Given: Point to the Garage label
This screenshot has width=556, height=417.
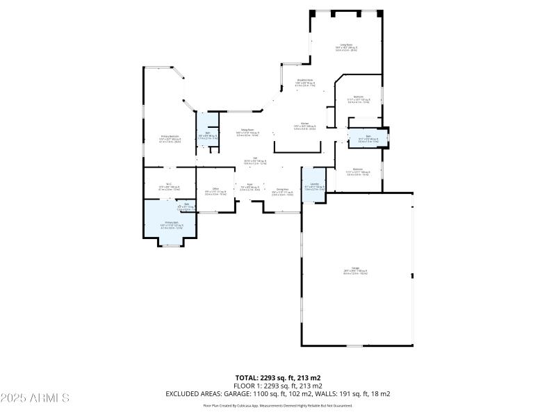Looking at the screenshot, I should click(x=355, y=270).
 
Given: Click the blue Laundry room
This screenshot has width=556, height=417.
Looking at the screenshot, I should click(x=314, y=186).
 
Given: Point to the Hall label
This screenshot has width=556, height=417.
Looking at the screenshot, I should click(x=255, y=161).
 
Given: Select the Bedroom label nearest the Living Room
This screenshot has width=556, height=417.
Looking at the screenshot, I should click(x=359, y=99).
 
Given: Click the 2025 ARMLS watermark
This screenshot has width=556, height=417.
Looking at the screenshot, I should click(x=35, y=398).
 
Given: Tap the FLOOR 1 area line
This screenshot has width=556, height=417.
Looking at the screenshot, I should click(x=277, y=386).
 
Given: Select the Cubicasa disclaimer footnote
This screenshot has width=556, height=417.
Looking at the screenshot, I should click(x=277, y=405).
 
